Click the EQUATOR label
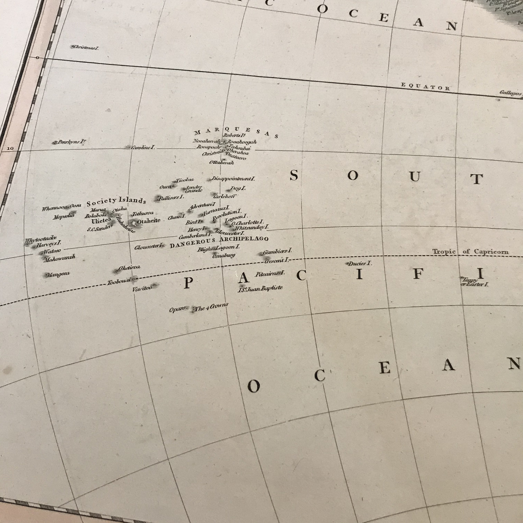pyautogui.click(x=425, y=87)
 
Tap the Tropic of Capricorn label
pyautogui.click(x=470, y=252)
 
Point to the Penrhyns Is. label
pyautogui.click(x=70, y=142)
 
